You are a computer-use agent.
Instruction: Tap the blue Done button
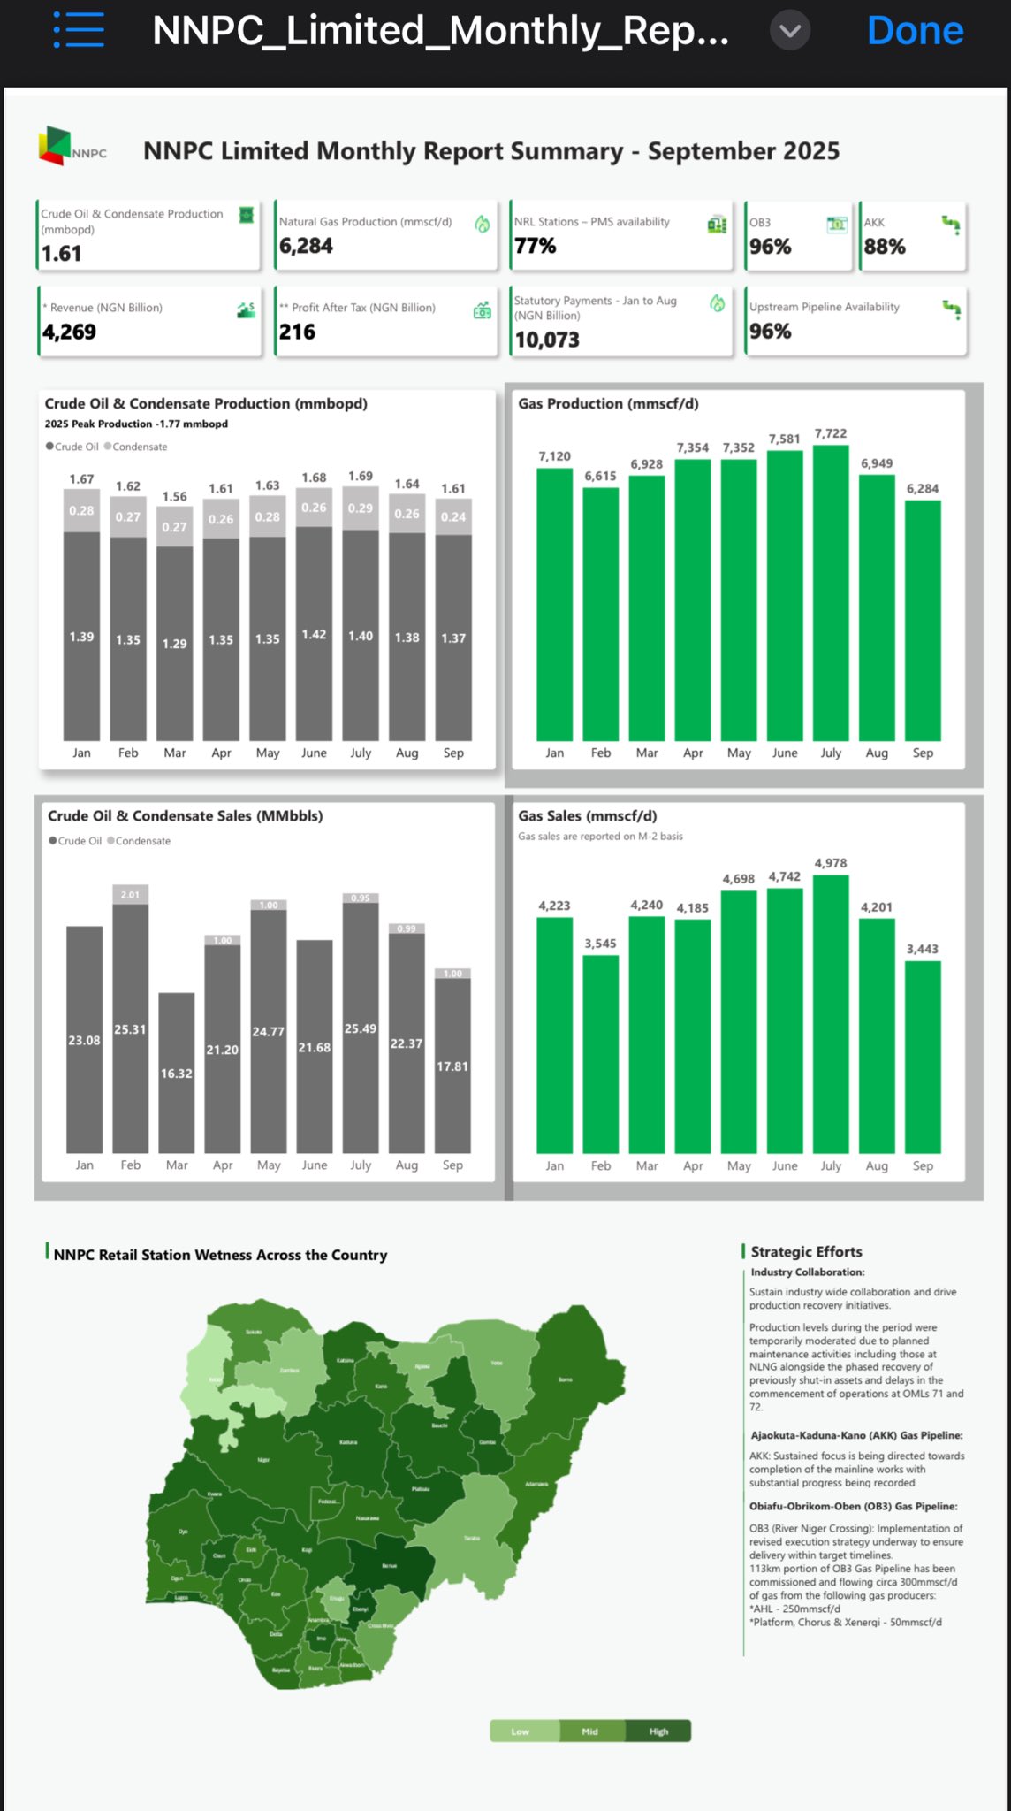(915, 31)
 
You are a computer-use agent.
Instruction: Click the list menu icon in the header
(79, 31)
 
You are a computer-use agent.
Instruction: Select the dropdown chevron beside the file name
(789, 32)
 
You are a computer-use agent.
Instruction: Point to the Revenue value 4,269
(70, 332)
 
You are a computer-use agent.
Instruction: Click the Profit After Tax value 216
(298, 332)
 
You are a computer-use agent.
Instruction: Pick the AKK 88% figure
(885, 247)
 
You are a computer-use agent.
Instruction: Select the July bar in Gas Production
(831, 592)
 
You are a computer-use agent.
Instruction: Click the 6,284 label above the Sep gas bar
(923, 489)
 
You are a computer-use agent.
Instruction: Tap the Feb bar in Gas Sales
(601, 1052)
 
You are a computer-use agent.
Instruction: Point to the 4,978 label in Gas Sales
(831, 863)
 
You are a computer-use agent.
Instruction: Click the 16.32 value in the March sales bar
(176, 1073)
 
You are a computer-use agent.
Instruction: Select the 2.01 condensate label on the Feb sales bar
(130, 895)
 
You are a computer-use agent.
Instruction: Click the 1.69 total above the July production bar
(361, 477)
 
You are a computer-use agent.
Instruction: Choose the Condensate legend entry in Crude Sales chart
(140, 841)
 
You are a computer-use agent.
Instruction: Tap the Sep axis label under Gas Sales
(923, 1165)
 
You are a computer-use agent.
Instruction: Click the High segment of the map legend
(658, 1731)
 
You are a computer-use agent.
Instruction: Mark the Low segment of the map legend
(521, 1731)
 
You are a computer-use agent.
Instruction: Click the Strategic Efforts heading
(806, 1251)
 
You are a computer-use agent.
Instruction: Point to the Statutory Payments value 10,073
(547, 340)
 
